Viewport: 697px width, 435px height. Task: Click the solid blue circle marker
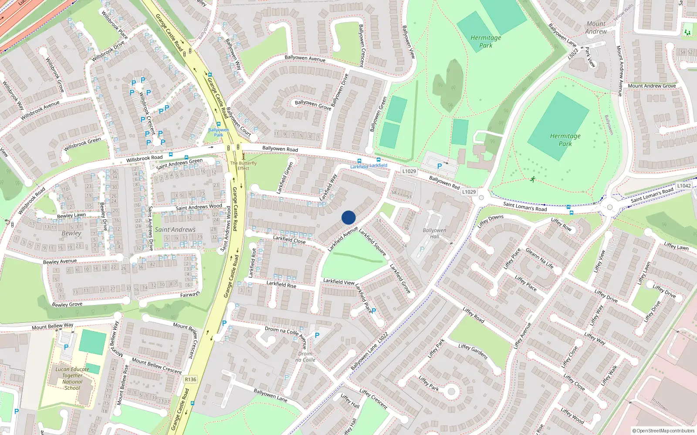tap(348, 217)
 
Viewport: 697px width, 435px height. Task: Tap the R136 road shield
tap(190, 379)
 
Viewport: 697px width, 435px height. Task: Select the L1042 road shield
tap(683, 186)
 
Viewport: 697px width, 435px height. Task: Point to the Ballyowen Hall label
tap(434, 234)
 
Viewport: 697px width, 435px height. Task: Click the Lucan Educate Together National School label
tap(72, 378)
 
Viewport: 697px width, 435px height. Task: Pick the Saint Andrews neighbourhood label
tap(175, 230)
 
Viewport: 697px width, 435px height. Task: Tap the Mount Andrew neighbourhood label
tap(596, 27)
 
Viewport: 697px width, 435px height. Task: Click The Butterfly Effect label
tap(244, 166)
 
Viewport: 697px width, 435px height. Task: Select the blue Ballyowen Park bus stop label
tap(218, 132)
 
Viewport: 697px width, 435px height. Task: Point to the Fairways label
tap(190, 295)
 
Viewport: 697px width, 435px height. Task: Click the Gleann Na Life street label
tap(540, 258)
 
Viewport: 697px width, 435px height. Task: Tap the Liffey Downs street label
tap(491, 221)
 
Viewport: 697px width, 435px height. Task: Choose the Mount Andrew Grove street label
tap(652, 86)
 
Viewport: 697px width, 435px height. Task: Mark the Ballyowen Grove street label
tap(313, 104)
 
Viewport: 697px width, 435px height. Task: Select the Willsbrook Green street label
tap(82, 144)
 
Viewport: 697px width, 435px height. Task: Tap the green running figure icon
tap(532, 179)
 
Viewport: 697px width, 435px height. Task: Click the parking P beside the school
tap(66, 347)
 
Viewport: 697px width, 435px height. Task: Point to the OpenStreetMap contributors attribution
tap(664, 431)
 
